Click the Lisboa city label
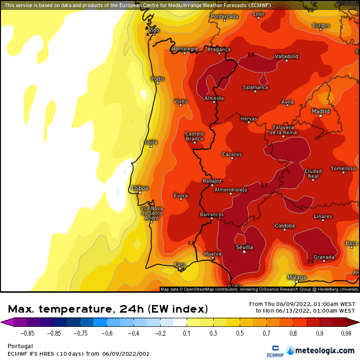(140, 188)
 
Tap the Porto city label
(157, 79)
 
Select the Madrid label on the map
(321, 111)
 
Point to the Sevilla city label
(244, 247)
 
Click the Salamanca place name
(255, 88)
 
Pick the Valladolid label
(287, 56)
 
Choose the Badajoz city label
(212, 181)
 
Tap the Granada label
(324, 257)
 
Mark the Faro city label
(180, 264)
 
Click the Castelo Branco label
(194, 136)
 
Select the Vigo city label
(154, 30)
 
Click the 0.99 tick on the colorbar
(346, 333)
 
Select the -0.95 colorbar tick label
(18, 333)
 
